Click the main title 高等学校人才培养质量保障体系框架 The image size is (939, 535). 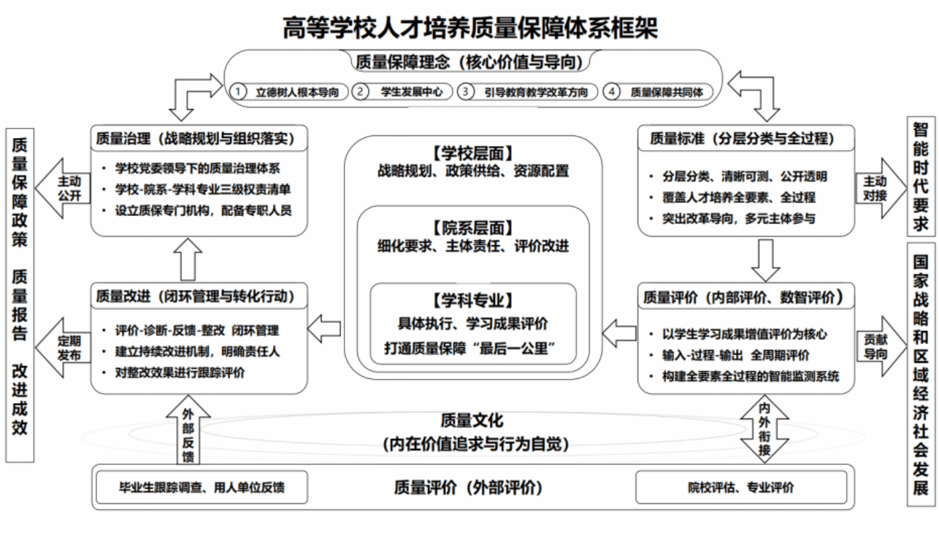coord(470,28)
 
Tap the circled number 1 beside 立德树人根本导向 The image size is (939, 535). coord(238,92)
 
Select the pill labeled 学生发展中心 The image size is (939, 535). coord(402,92)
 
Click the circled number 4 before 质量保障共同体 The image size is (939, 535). coord(611,92)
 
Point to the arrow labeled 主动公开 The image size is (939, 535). coord(63,188)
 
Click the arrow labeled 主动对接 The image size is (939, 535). coord(880,188)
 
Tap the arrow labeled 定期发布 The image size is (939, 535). coord(63,348)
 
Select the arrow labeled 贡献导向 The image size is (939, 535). coord(880,347)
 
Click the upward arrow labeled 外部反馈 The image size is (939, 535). coord(188,430)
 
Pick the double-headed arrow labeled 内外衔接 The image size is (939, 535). coord(765,429)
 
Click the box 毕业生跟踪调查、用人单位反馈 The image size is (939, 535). coord(202,487)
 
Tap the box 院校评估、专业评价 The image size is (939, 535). coord(741,487)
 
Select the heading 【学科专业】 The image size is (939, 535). coord(472,301)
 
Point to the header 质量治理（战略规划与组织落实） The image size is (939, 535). coord(196,139)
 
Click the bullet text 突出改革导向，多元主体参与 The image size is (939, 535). coord(739,219)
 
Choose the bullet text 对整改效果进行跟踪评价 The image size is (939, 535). coord(180,373)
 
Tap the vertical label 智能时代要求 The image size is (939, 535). coord(921,177)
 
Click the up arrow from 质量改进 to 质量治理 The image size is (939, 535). coord(188,260)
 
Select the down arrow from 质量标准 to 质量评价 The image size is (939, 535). coord(765,260)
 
